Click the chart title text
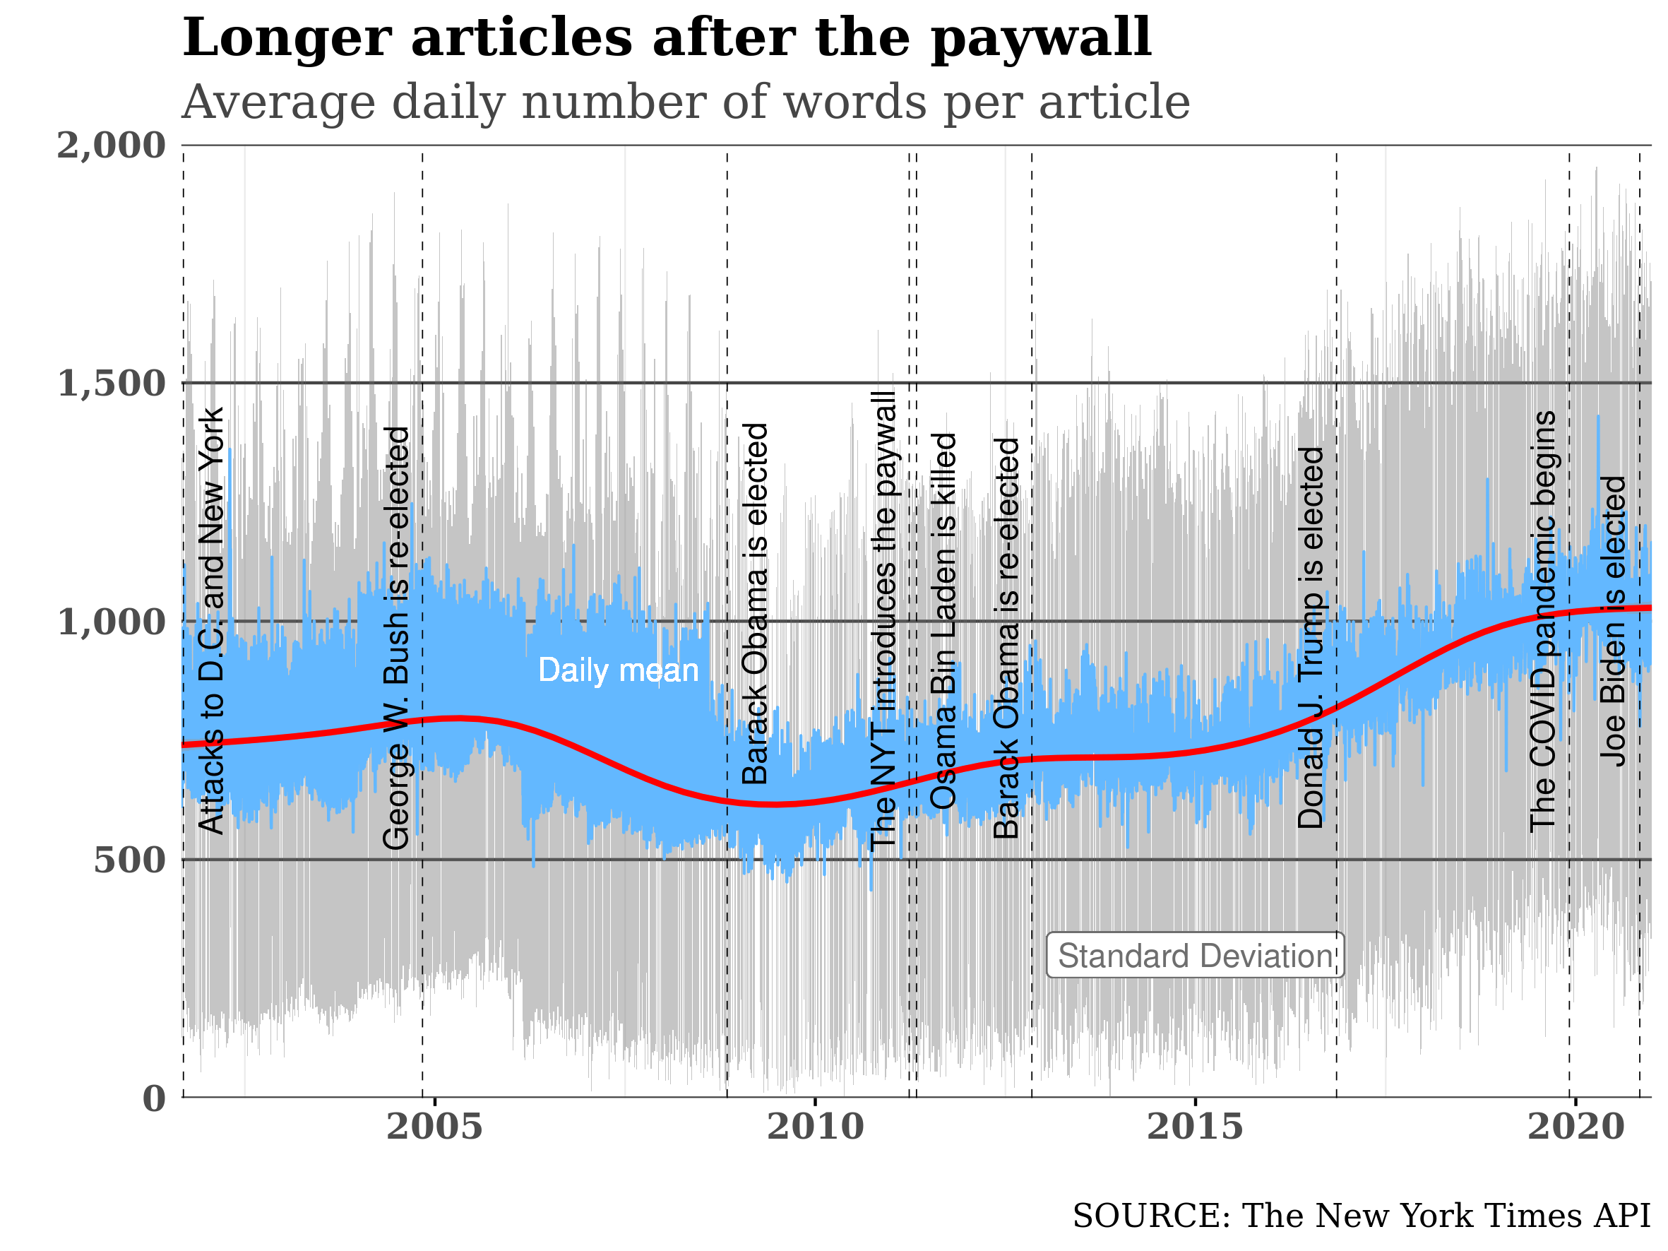pos(686,102)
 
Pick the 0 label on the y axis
pos(154,1098)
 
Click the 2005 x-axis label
pos(434,1127)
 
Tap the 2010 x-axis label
pos(815,1127)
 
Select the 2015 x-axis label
pos(1195,1127)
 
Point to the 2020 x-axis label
pos(1575,1127)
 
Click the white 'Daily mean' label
pos(619,670)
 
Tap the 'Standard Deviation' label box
pos(1194,956)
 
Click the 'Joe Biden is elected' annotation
pos(1614,622)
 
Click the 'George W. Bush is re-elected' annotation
pos(397,638)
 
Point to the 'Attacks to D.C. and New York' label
pos(212,623)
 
